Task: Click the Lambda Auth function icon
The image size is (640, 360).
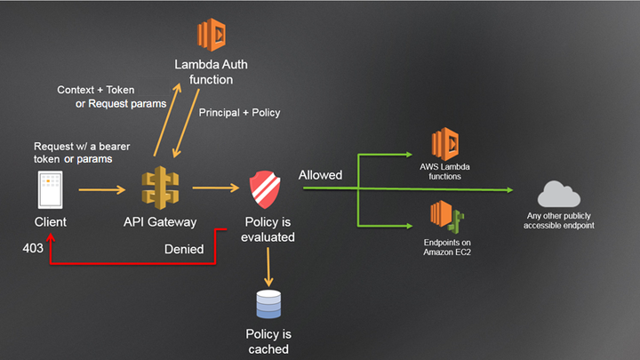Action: coord(212,35)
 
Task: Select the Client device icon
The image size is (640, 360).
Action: coord(50,189)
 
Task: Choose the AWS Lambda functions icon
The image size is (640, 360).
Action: coord(449,146)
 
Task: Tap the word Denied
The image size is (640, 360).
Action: coord(184,250)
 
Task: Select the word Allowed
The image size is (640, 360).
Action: coord(321,175)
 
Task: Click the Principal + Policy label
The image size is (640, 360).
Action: coord(239,113)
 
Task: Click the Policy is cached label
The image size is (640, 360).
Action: coord(268,342)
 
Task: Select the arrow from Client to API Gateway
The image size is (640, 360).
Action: coord(101,189)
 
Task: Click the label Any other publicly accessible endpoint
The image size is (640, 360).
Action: coord(558,220)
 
